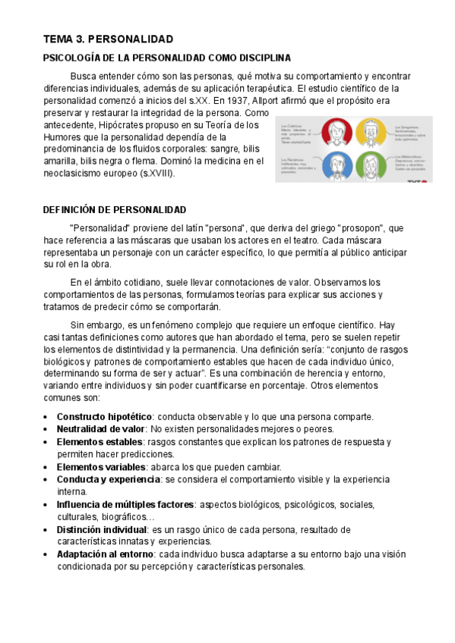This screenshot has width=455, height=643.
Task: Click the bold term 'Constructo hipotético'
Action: [105, 416]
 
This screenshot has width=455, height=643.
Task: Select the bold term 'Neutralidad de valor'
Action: [102, 428]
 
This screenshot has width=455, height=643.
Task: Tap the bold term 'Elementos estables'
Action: [99, 441]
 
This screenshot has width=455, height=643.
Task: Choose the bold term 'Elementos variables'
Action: [100, 466]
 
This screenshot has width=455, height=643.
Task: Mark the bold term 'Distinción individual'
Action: [103, 529]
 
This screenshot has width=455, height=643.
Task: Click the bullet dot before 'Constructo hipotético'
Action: [47, 417]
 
